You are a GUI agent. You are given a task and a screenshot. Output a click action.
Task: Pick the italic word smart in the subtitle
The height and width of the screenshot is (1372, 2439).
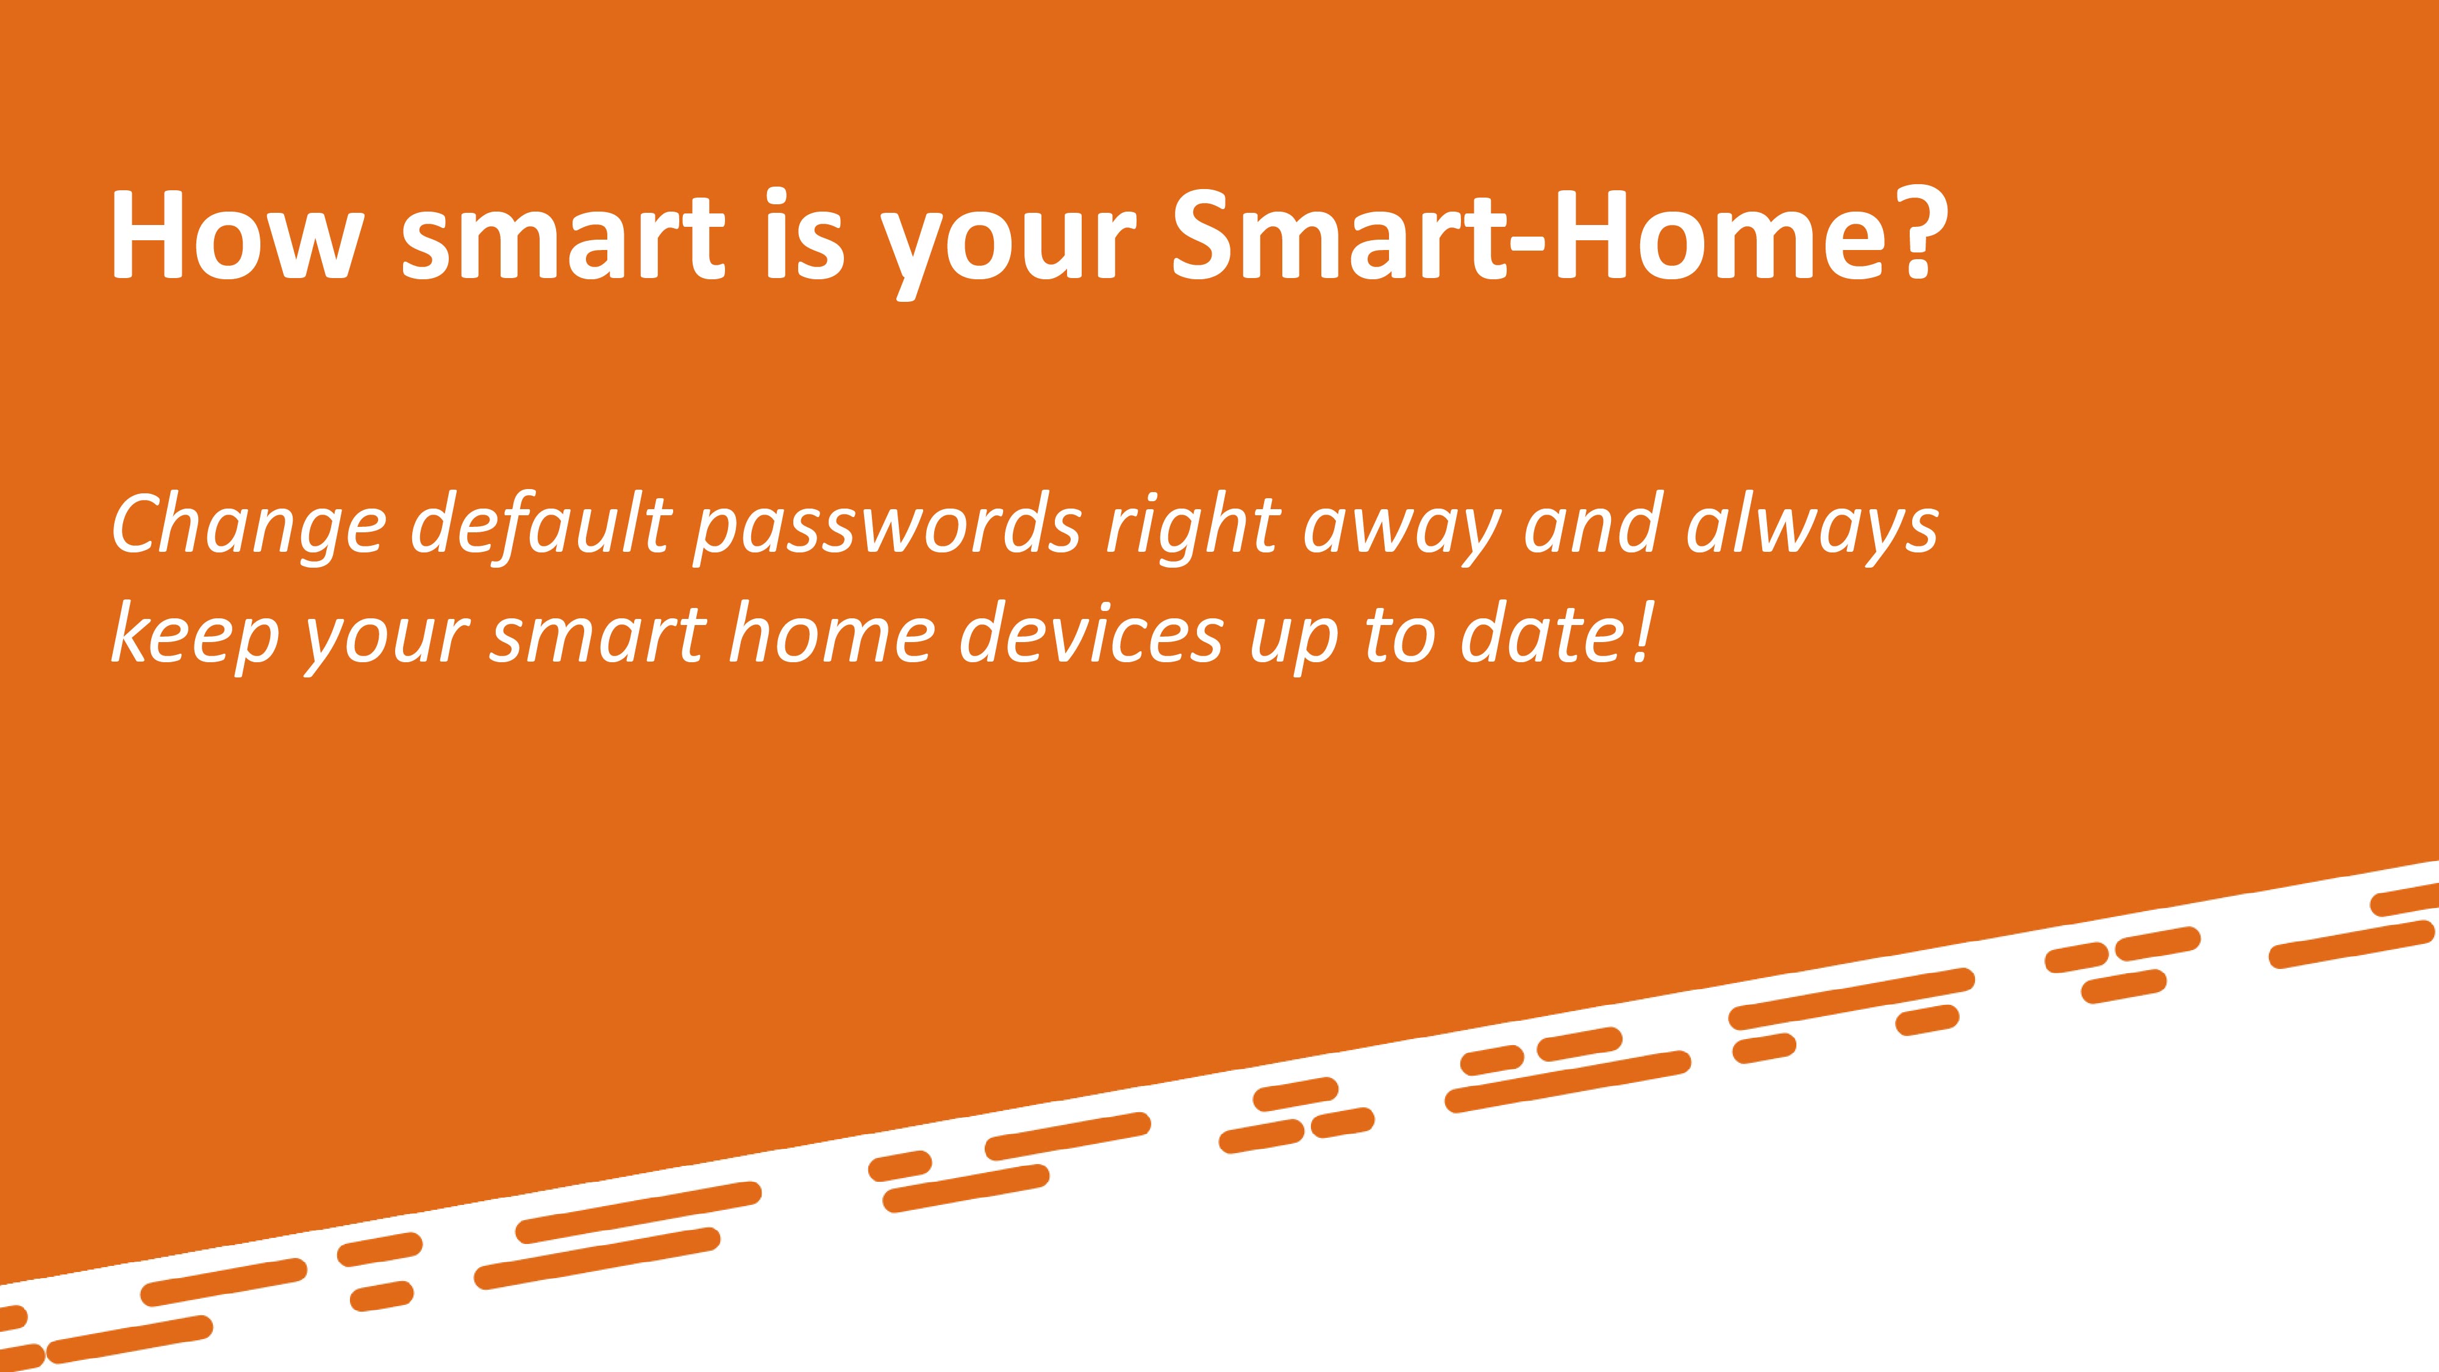[x=598, y=635]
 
